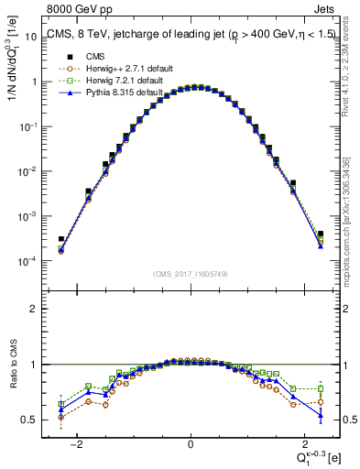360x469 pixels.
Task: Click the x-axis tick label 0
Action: tap(191, 445)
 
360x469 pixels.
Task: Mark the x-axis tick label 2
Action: tap(303, 445)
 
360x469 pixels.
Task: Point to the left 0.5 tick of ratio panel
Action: tap(29, 420)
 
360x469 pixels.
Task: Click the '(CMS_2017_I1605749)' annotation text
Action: tap(191, 274)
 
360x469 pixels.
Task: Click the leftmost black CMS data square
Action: tap(60, 239)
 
